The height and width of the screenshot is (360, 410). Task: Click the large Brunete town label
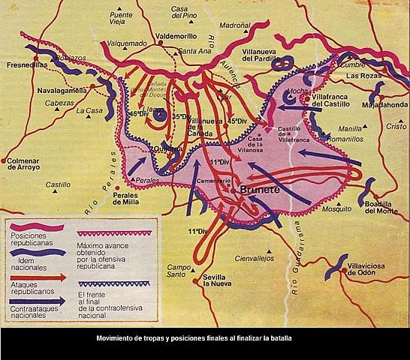click(x=258, y=191)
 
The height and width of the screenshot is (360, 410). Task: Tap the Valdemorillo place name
click(x=175, y=35)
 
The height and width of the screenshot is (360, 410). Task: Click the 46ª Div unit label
click(x=138, y=113)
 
